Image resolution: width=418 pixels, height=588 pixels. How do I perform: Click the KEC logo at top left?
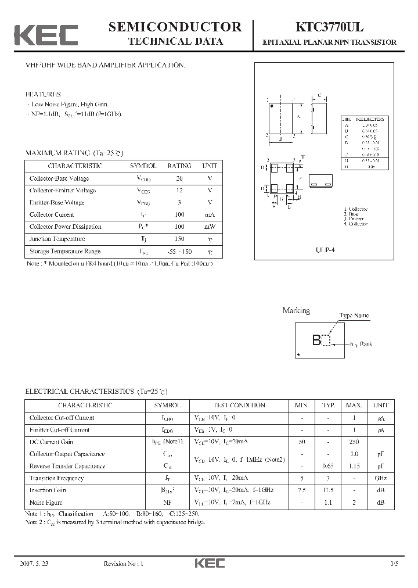46,35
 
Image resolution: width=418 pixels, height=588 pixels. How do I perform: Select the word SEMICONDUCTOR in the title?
175,27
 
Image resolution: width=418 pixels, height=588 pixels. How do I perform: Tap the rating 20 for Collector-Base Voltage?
179,178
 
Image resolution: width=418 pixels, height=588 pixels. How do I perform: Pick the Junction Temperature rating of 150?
179,239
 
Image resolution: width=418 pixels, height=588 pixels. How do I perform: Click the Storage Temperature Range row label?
64,251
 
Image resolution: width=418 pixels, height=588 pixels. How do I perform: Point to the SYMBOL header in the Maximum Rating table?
143,166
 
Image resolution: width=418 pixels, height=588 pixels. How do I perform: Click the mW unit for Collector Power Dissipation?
209,227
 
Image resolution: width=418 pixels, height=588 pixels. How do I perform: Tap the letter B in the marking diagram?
316,340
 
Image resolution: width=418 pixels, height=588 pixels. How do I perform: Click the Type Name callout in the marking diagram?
354,315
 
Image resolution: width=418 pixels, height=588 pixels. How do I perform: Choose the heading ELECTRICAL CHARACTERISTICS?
80,392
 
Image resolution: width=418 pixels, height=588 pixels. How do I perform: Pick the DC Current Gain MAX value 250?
354,442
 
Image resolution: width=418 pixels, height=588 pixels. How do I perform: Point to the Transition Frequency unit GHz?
380,478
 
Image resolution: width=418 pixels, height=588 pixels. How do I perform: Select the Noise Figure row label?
46,502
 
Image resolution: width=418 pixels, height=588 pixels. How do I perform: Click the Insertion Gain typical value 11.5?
327,490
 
